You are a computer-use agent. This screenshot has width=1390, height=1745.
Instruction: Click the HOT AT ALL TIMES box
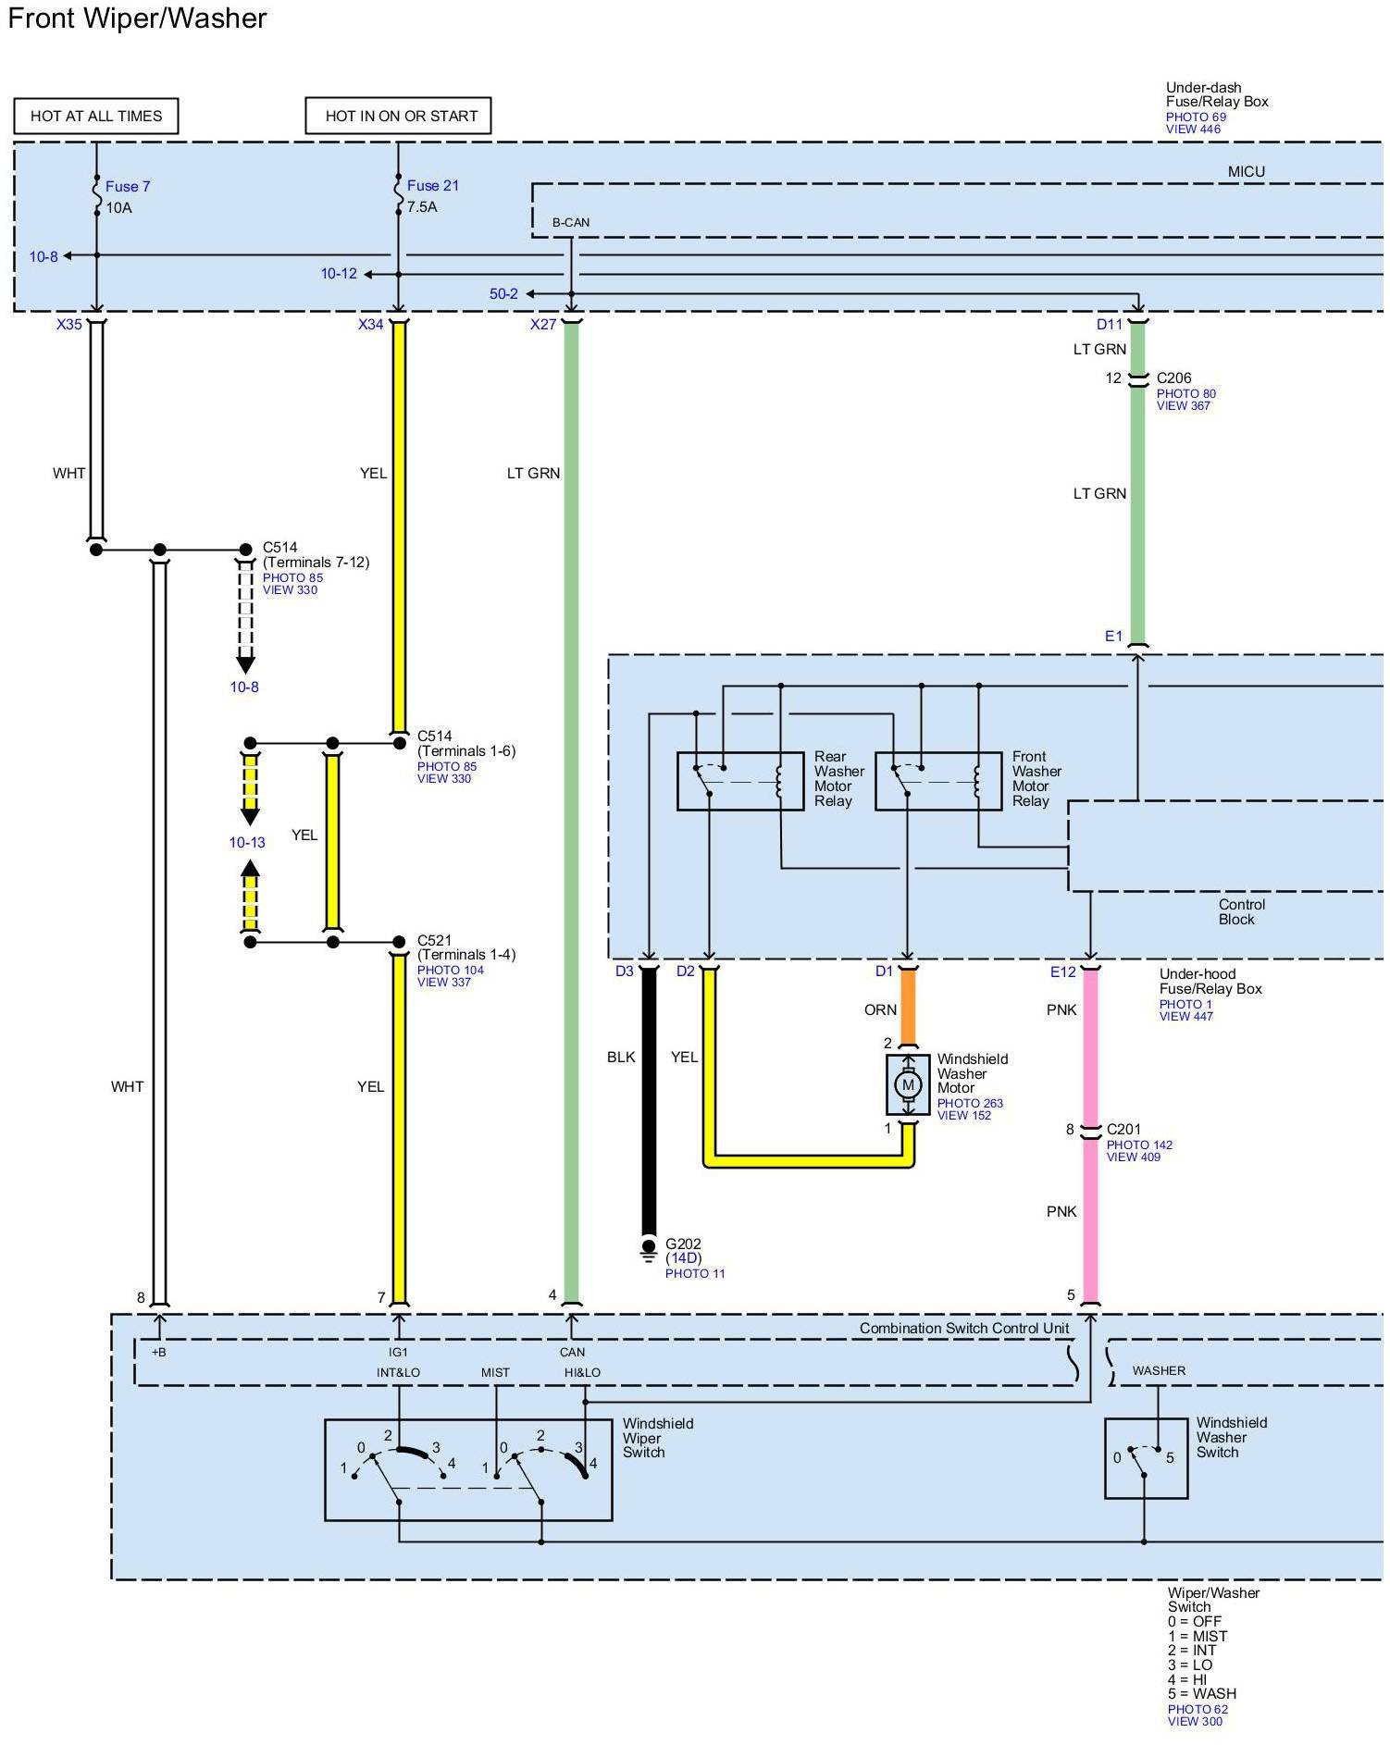96,116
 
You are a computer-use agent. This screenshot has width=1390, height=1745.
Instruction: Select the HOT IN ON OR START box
398,116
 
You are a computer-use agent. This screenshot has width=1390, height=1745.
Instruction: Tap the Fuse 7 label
128,186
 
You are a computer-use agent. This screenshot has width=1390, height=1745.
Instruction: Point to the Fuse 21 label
433,185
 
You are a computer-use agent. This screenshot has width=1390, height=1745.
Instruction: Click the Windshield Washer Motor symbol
908,1084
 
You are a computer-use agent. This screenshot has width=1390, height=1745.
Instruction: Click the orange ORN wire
908,1007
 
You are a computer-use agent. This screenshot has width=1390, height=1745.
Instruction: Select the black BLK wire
649,1101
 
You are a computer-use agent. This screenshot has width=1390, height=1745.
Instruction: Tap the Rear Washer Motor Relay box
740,782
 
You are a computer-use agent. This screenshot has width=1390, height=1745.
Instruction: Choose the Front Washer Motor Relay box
938,782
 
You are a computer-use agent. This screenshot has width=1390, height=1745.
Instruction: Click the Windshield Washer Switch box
1146,1458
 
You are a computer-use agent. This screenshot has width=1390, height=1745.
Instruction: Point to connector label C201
1123,1129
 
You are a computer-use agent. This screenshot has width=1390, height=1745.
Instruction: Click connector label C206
1173,377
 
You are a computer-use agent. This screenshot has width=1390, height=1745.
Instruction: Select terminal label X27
543,324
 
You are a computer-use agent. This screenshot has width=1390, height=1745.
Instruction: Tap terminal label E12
1063,972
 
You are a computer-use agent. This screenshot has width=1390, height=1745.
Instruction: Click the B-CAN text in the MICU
571,223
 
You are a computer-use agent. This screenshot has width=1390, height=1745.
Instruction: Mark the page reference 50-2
503,293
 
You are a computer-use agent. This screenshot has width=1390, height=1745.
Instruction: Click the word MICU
1246,171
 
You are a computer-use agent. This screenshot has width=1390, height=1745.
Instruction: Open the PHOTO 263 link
970,1103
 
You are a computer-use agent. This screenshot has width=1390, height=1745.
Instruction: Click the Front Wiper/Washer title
137,19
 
